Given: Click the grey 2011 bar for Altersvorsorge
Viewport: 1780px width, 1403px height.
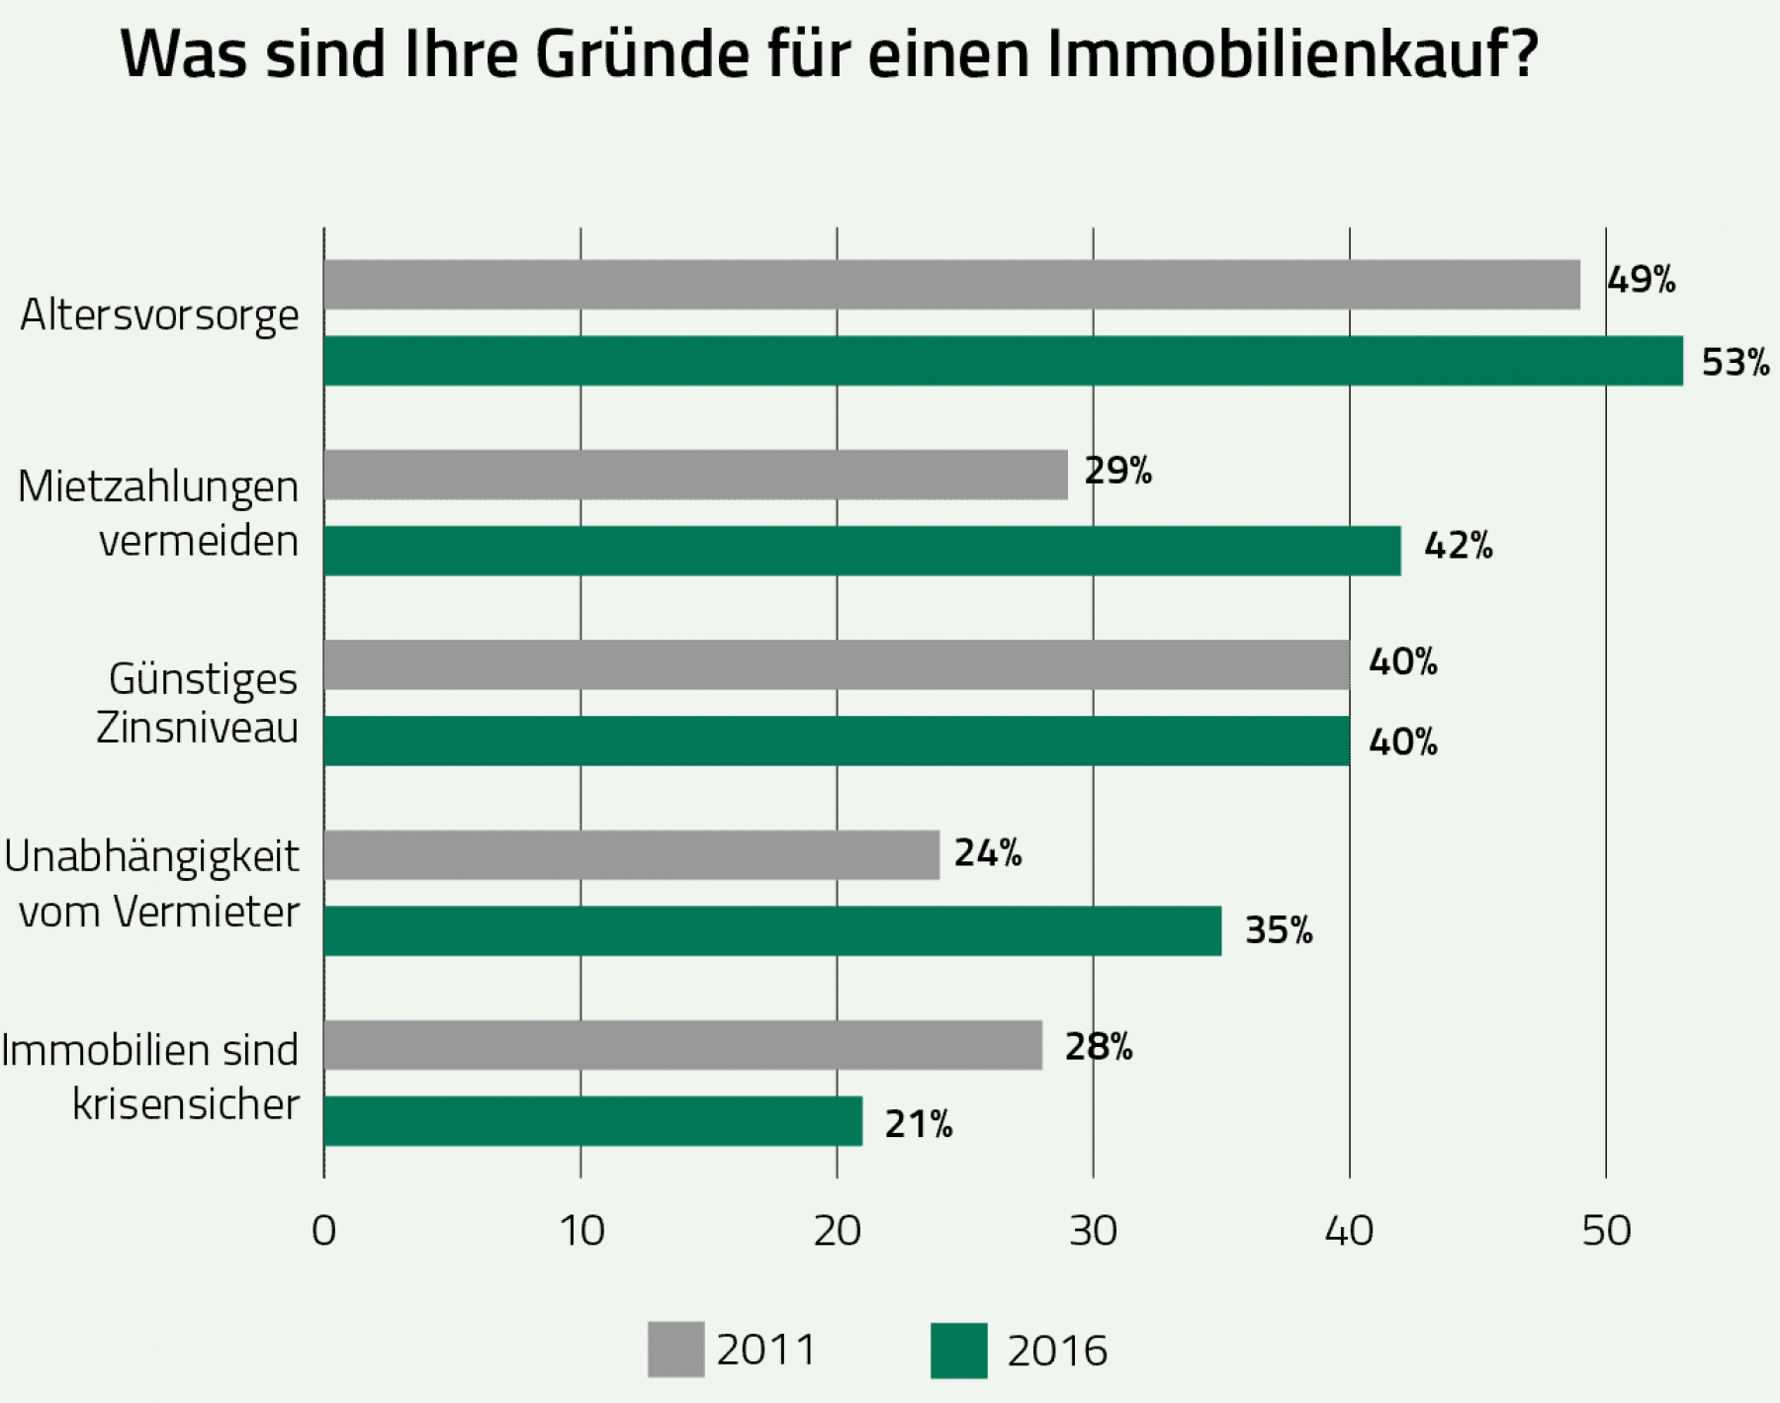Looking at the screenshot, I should pos(951,285).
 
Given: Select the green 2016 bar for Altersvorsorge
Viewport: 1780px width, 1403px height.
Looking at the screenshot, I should pos(1003,361).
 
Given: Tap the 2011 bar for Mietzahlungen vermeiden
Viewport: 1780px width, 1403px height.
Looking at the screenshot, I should pos(695,475).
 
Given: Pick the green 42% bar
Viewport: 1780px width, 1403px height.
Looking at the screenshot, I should pos(861,551).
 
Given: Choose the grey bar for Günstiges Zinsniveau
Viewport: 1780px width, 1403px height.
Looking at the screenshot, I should pos(837,664).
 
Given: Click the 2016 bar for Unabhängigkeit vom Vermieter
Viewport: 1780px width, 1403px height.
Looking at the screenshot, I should pos(772,930).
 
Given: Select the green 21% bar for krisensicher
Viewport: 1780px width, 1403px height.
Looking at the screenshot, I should pos(593,1121).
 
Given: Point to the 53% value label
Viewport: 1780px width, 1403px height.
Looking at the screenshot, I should pos(1735,363).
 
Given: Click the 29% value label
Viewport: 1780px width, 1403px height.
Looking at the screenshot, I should pos(1117,471).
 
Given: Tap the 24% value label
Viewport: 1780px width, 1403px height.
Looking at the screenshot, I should pos(987,853).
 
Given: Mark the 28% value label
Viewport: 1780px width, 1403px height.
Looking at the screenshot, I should pos(1098,1046).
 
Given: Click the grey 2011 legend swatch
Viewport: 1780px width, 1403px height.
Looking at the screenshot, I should pos(675,1350).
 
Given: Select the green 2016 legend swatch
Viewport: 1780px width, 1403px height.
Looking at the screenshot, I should pos(958,1351).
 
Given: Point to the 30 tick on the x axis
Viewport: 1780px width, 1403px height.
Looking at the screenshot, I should pos(1093,1231).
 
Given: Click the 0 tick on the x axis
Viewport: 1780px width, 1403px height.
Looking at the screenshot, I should pos(323,1231).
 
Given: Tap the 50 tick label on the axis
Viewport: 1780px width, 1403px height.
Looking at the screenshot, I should pos(1606,1231).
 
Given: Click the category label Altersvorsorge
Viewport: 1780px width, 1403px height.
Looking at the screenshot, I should pos(159,315).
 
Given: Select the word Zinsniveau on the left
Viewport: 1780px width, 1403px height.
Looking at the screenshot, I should pos(197,729).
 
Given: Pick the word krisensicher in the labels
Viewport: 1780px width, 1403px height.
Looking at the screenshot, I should pos(186,1104).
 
